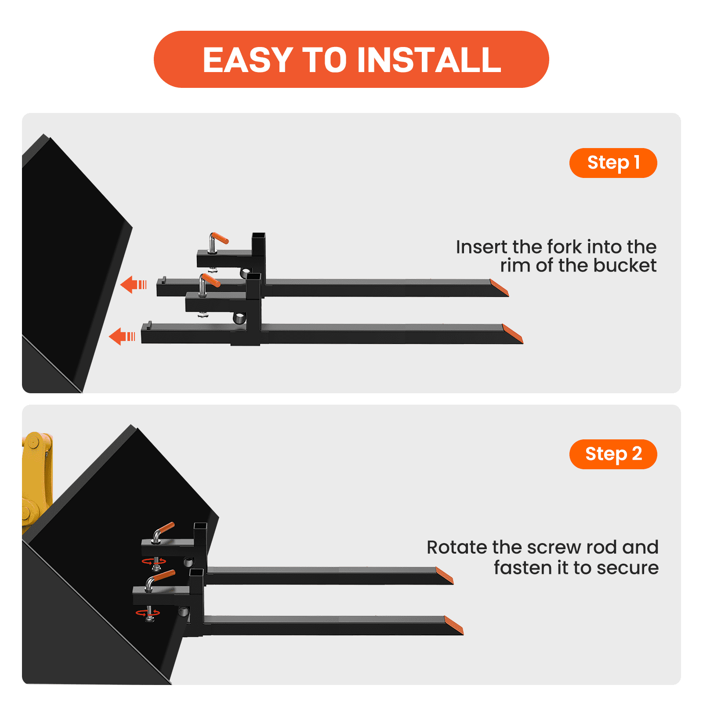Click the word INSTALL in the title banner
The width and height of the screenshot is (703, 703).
pos(429,60)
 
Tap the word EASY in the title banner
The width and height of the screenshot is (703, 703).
pos(248,60)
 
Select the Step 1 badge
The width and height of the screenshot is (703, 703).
pos(613,163)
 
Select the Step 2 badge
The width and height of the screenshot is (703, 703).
pos(613,454)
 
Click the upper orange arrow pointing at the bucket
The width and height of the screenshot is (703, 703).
pos(133,285)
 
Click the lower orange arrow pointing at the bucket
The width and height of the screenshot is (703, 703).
pos(122,337)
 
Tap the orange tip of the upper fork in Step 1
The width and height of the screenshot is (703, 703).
pos(499,288)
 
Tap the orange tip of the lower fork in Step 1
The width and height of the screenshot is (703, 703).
pos(512,334)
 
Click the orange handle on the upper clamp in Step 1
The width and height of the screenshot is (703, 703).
pos(219,238)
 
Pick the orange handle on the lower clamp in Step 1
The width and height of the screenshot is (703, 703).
pos(210,280)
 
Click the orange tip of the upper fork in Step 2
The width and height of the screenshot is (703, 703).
pos(444,575)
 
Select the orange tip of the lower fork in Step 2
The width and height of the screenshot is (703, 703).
pos(454,625)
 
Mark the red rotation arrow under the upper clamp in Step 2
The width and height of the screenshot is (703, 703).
pos(154,561)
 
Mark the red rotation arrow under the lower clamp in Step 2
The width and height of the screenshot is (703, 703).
pos(148,612)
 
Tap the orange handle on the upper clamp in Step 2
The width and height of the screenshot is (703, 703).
pos(166,528)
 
